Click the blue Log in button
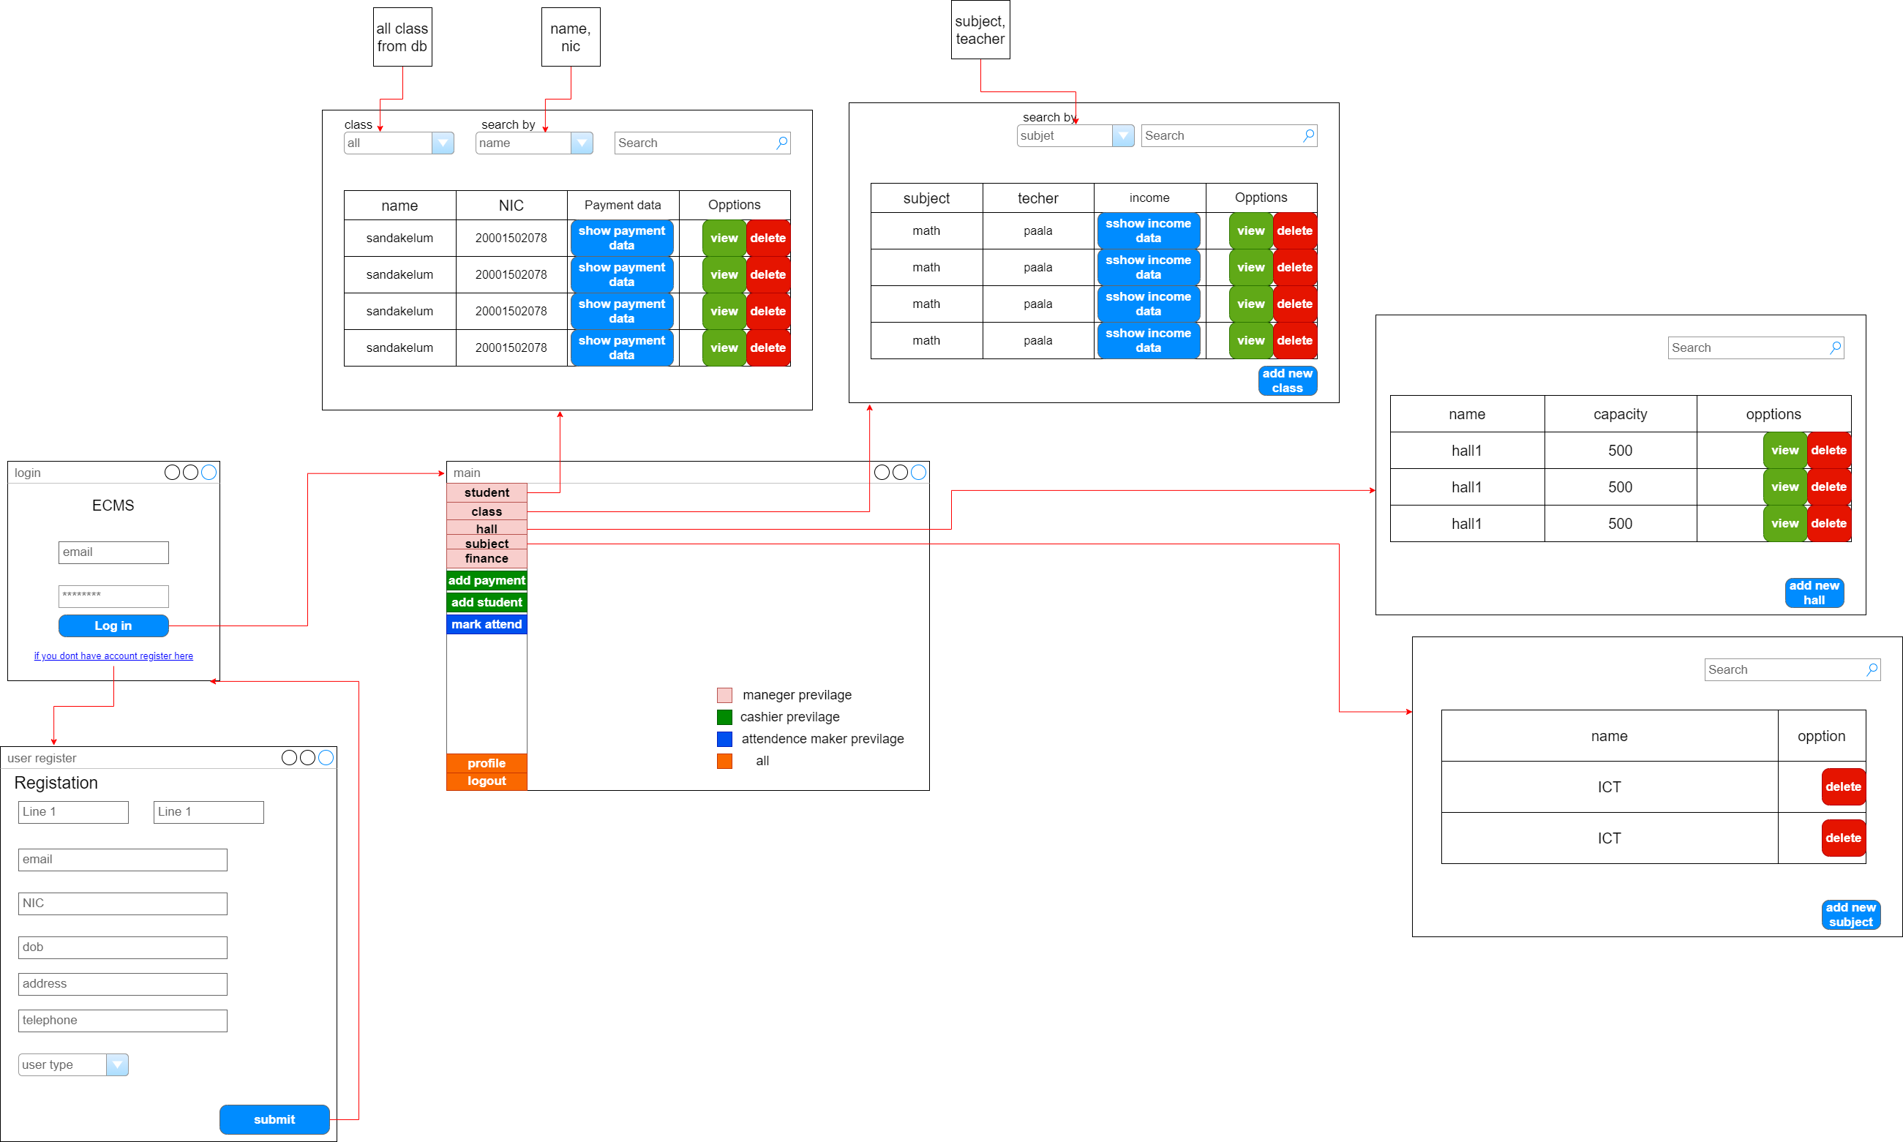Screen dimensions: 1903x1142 coord(113,626)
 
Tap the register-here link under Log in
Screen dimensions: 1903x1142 coord(113,655)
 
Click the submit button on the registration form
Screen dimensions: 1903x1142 coord(274,1119)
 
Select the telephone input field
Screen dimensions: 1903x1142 coord(122,1021)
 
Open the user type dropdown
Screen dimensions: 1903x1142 coord(73,1065)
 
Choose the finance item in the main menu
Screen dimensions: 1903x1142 coord(487,559)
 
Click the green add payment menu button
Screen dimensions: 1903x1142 coord(487,581)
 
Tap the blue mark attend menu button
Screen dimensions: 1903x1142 coord(487,625)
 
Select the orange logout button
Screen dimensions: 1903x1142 coord(487,781)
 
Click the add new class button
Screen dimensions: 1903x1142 coord(1288,381)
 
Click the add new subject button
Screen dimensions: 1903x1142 coord(1850,915)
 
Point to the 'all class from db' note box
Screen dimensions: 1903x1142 coord(402,37)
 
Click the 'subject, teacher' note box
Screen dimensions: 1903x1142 coord(980,30)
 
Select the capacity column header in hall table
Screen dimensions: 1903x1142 coord(1620,414)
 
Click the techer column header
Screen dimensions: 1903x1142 coord(1038,198)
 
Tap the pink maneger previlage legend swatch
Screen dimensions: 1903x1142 coord(724,696)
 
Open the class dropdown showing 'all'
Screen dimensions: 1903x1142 coord(399,143)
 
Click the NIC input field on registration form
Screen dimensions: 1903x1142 coord(122,904)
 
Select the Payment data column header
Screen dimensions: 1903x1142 coord(623,206)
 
